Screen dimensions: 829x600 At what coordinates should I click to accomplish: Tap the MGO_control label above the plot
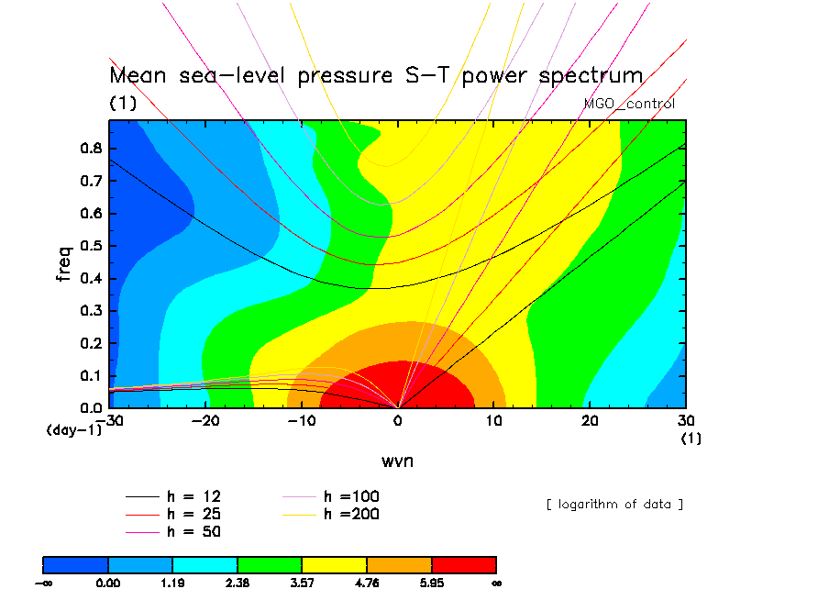tap(629, 104)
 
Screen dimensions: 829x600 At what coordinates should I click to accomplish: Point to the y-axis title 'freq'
tap(63, 263)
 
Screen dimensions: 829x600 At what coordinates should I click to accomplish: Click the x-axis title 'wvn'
tap(397, 461)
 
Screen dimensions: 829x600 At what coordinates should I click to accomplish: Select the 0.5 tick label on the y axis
tap(91, 246)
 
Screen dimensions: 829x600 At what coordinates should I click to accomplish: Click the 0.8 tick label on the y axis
tap(91, 148)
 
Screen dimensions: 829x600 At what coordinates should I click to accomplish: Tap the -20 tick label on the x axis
tap(205, 421)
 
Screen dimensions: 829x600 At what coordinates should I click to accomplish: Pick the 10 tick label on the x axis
tap(493, 421)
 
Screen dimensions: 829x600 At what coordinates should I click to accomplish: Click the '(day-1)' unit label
tap(74, 429)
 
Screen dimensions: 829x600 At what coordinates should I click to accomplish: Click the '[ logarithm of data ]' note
tap(615, 505)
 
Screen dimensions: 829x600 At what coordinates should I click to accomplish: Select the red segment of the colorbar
tap(464, 565)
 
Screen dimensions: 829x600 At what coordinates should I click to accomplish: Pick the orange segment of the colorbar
tap(399, 565)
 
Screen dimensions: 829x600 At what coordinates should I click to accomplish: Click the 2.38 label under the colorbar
tap(238, 583)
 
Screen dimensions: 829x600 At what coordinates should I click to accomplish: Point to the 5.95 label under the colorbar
tap(432, 583)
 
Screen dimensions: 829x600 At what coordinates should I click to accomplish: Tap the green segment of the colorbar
tap(270, 565)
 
